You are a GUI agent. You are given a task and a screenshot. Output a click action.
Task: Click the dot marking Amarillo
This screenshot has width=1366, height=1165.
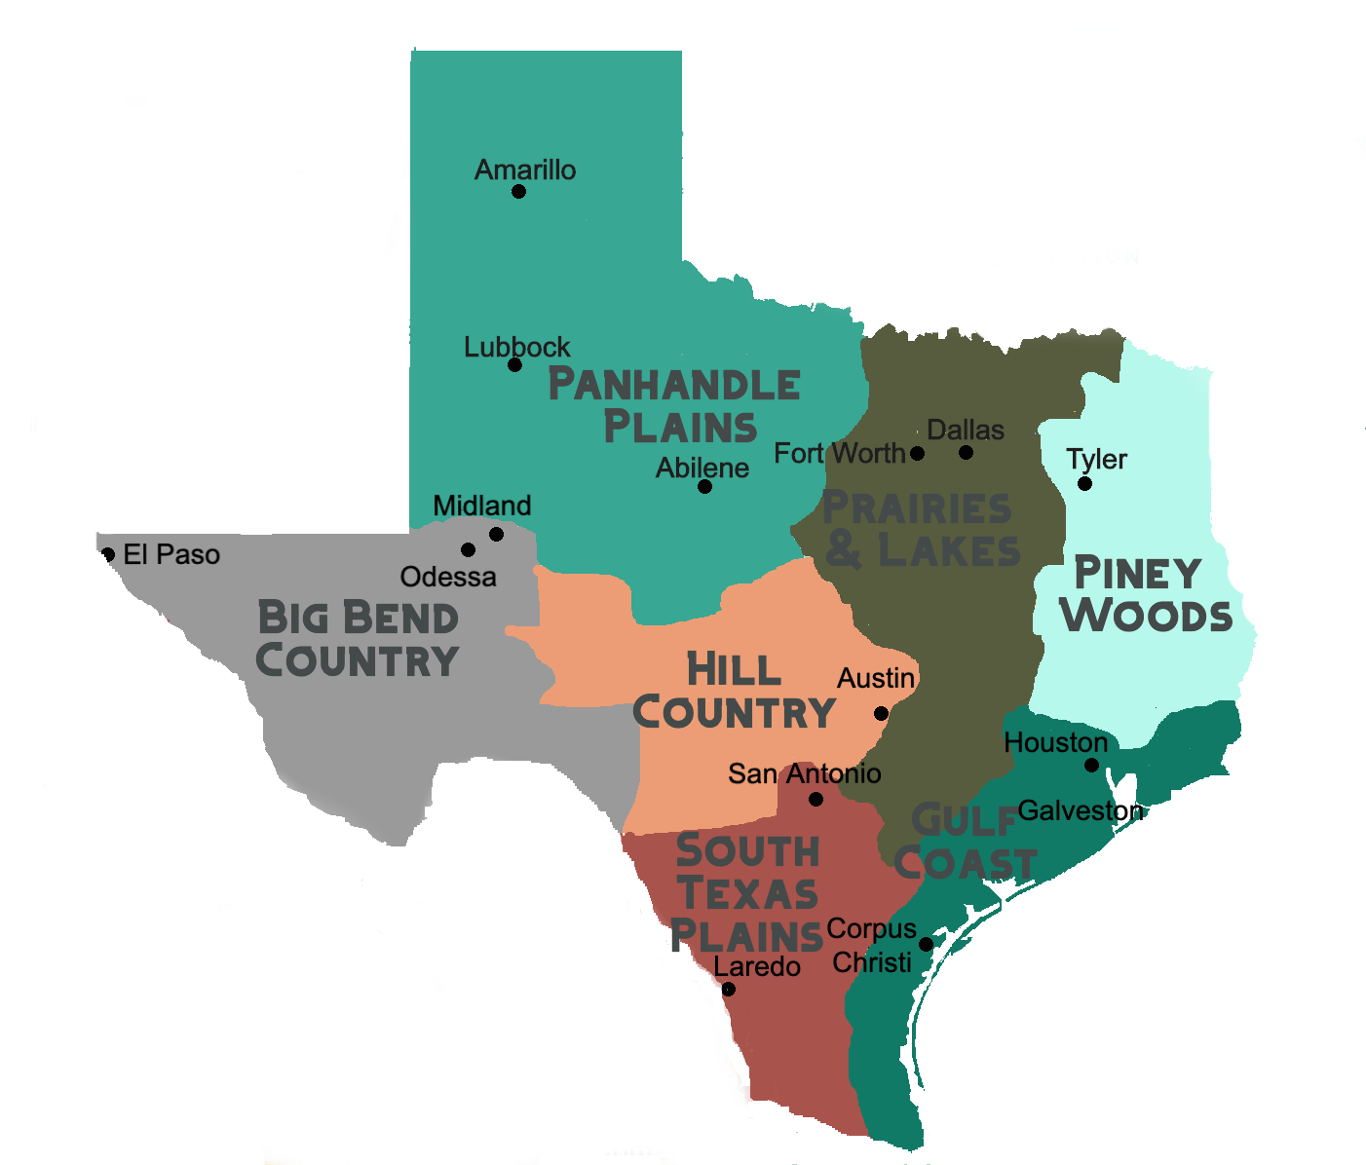518,191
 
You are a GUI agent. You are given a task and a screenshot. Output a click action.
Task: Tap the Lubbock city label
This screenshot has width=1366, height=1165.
516,347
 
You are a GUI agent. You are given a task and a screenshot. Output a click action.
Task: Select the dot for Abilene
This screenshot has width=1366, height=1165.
704,486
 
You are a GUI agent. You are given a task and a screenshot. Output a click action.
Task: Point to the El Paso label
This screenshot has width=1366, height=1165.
171,554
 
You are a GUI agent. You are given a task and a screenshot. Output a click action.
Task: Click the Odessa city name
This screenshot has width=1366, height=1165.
448,577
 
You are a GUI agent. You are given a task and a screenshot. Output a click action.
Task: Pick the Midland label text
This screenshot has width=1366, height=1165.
482,506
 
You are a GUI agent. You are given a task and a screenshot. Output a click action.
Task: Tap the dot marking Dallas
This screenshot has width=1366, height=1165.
966,452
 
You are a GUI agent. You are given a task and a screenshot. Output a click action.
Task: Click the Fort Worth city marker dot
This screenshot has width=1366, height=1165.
917,453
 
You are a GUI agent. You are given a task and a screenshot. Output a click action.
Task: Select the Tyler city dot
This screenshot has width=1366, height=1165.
1084,483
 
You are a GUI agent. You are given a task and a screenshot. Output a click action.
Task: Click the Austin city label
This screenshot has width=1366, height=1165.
876,678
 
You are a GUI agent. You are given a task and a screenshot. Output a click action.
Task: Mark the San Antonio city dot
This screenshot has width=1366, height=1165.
816,799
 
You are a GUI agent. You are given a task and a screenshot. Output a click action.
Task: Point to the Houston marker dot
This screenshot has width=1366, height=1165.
1091,765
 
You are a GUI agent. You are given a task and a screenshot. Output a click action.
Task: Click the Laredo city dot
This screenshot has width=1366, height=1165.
728,989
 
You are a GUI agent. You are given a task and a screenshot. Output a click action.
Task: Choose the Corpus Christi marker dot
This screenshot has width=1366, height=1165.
926,944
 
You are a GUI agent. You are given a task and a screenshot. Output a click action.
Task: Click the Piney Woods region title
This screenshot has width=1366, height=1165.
1145,594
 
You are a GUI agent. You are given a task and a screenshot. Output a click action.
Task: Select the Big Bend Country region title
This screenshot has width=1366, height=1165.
358,639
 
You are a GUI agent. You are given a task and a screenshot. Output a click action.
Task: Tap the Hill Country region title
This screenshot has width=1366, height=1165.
735,691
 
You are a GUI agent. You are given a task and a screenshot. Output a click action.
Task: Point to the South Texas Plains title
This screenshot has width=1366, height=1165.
747,893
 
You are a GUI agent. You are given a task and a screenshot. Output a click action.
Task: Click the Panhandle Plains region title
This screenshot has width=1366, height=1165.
674,405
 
